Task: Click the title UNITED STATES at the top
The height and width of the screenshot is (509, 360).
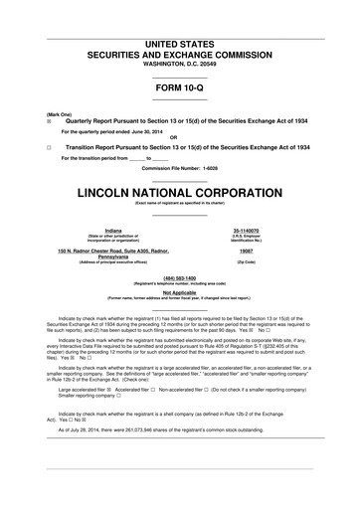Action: coord(179,17)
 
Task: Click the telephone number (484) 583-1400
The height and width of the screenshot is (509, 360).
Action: coord(179,277)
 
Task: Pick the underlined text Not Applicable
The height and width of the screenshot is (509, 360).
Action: coord(179,292)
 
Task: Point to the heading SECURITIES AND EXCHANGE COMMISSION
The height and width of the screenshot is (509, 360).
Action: coord(179,31)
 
